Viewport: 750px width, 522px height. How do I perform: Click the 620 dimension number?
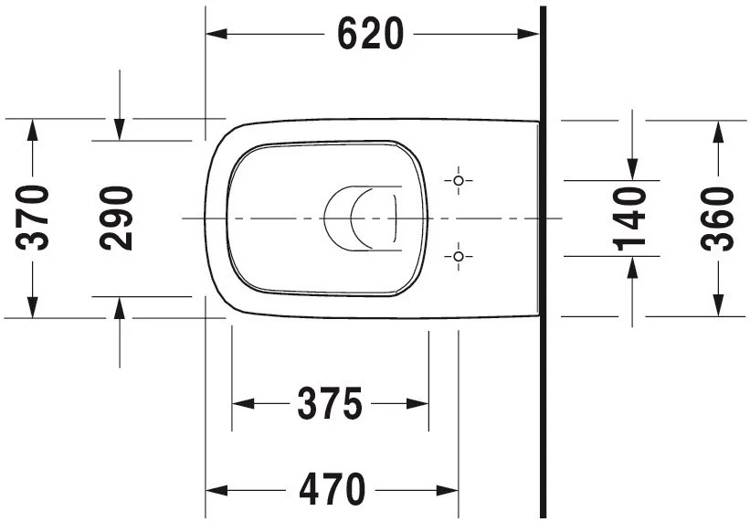[370, 34]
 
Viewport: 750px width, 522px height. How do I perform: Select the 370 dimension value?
[32, 218]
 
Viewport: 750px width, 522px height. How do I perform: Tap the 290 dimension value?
[116, 218]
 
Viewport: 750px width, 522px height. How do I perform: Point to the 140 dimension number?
[629, 219]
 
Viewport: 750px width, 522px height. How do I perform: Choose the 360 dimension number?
[717, 219]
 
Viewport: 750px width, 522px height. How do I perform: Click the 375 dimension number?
[330, 403]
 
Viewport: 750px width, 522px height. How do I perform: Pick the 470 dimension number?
[332, 489]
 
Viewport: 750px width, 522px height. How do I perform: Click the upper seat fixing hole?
[459, 180]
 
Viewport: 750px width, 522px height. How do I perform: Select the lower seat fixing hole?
[459, 257]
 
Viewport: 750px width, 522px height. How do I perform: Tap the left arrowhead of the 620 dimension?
[217, 34]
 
